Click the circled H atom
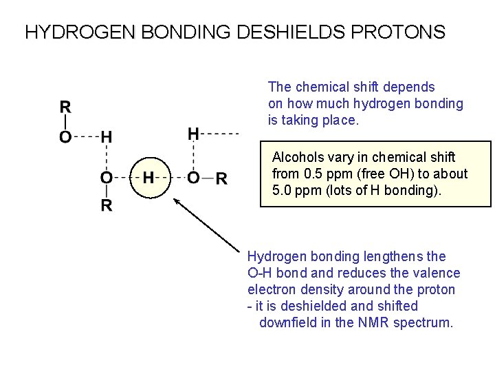(x=148, y=178)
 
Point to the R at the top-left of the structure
(x=65, y=107)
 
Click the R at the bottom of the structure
(x=107, y=206)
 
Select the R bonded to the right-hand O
(x=222, y=178)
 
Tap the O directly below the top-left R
(x=65, y=136)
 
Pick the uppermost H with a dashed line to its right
(x=194, y=132)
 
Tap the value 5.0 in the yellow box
(x=284, y=190)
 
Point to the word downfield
(x=288, y=322)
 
